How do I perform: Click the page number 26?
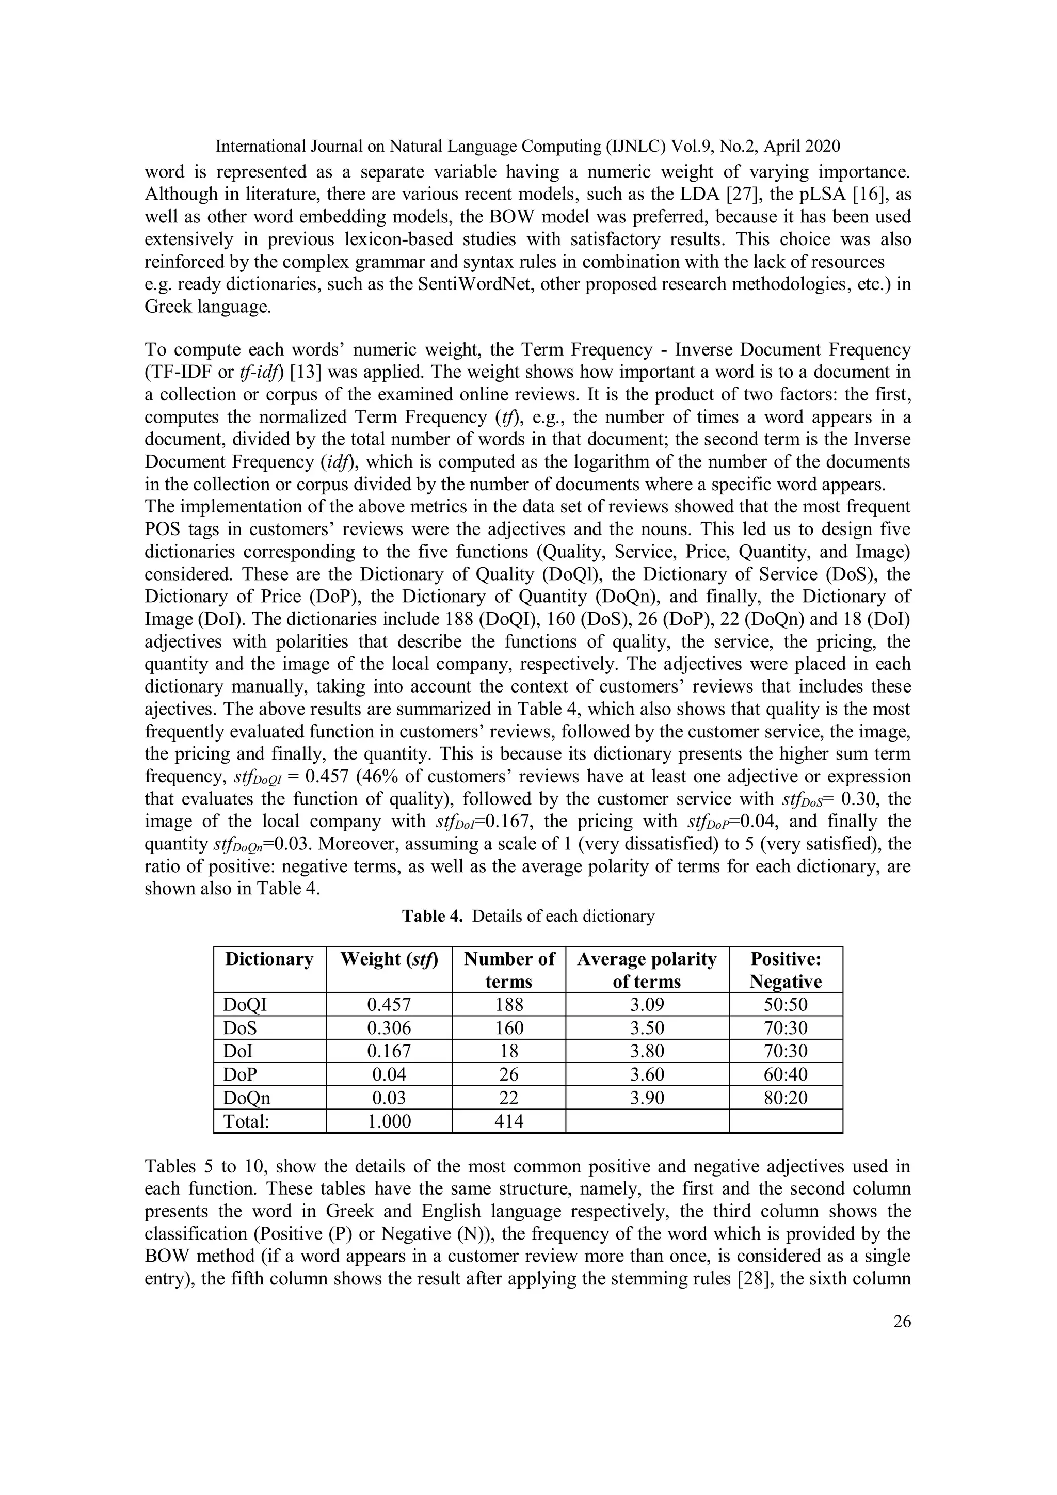[x=902, y=1321]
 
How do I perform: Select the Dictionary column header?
[x=269, y=959]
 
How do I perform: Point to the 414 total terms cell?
[x=509, y=1121]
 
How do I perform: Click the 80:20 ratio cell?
[x=786, y=1098]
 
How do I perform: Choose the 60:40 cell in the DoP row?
[x=786, y=1074]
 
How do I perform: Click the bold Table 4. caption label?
[x=432, y=916]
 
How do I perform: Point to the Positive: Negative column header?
[x=786, y=970]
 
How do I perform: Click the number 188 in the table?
[x=509, y=1005]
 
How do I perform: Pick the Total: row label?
[x=246, y=1121]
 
